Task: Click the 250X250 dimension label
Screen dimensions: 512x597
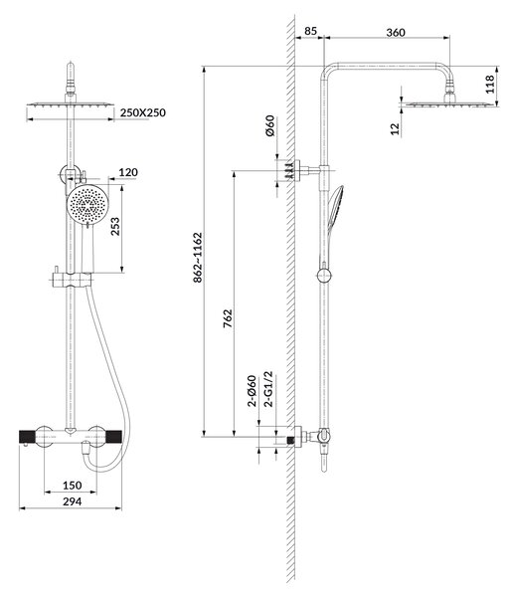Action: (x=142, y=112)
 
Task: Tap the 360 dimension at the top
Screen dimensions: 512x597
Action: (x=396, y=33)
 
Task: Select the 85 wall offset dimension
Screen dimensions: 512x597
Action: (x=310, y=31)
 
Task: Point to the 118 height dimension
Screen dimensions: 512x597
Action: (x=490, y=85)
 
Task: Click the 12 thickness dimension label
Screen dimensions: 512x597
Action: (x=396, y=128)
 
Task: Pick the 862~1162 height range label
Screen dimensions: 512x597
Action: (x=198, y=258)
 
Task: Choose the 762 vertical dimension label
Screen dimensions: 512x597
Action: (x=227, y=318)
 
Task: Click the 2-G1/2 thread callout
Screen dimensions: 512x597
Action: (x=268, y=389)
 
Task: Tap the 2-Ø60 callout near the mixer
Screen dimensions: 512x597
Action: (x=252, y=391)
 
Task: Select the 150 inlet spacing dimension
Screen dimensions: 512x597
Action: (x=72, y=486)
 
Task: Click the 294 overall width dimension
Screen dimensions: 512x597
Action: (x=72, y=501)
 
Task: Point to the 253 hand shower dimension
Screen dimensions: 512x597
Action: (x=115, y=226)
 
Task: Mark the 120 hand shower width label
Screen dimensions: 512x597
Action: (x=128, y=172)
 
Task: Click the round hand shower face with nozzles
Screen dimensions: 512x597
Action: (x=87, y=204)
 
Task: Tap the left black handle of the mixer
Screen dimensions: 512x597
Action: (x=28, y=437)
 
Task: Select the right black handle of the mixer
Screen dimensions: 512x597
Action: (x=113, y=437)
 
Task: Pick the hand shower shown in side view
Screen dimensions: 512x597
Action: (x=333, y=225)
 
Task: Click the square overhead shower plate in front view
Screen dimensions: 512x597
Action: (x=71, y=104)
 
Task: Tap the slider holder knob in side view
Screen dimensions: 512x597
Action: (x=324, y=276)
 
